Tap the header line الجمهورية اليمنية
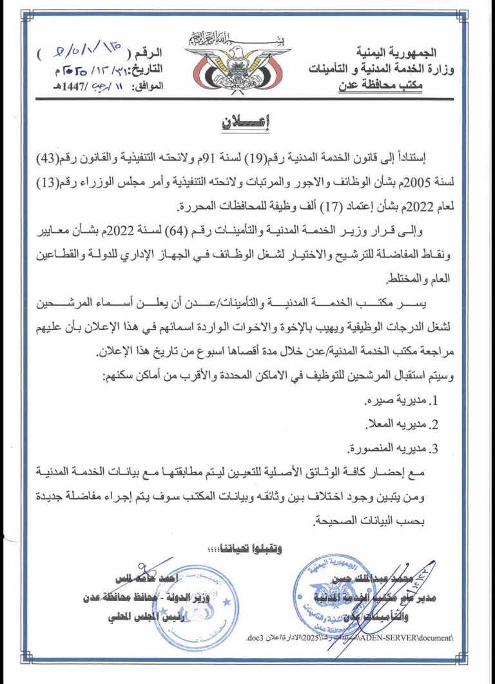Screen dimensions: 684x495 click(x=397, y=51)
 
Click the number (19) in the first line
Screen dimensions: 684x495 click(x=266, y=157)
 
